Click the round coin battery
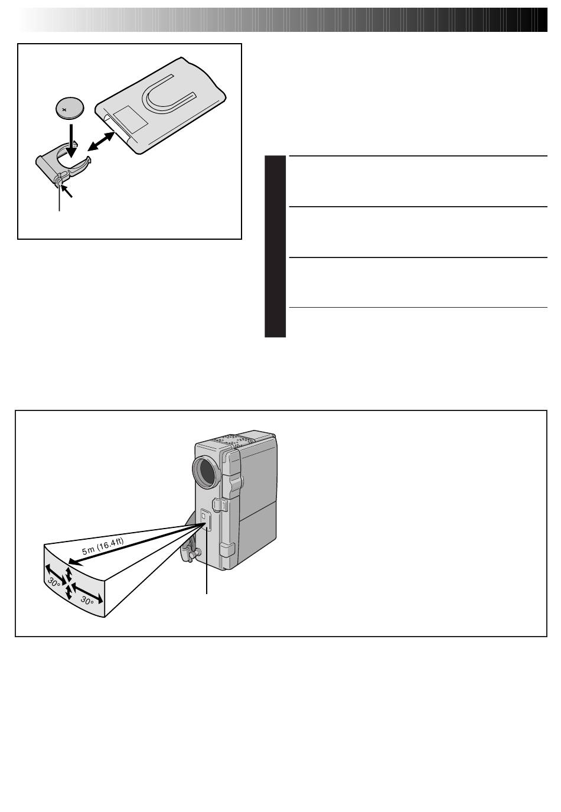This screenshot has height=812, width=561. (x=70, y=107)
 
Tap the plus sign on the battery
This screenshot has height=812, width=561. (x=65, y=109)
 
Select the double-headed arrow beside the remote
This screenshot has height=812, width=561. (x=101, y=141)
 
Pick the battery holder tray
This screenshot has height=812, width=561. (x=63, y=163)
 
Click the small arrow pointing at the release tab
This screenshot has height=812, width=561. (x=67, y=191)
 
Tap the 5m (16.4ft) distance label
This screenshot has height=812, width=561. (x=103, y=546)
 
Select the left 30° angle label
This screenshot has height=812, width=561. (x=54, y=582)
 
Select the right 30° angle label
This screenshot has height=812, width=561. (x=87, y=601)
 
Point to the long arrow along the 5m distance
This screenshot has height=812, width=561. (x=134, y=544)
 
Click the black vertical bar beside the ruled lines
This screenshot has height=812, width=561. (x=275, y=246)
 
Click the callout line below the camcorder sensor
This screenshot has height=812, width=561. (x=207, y=561)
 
